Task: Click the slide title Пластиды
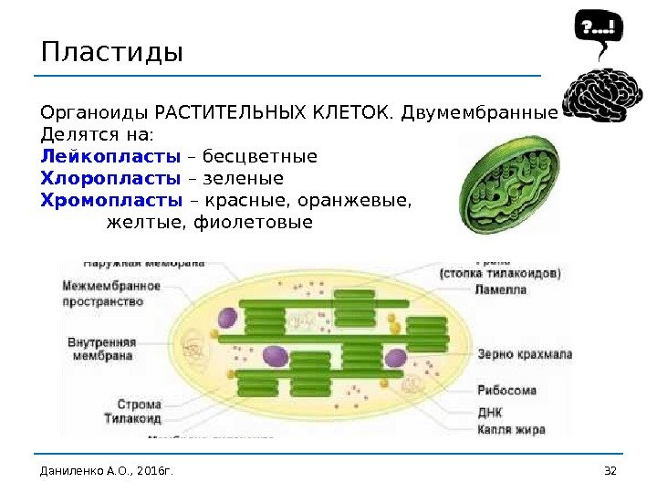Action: point(112,50)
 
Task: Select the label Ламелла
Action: point(501,289)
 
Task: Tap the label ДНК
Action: point(490,411)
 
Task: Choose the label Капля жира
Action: point(511,428)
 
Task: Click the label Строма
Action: point(139,404)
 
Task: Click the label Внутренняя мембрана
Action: point(102,348)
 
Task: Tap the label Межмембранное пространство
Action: point(110,293)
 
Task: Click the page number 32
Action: point(610,470)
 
